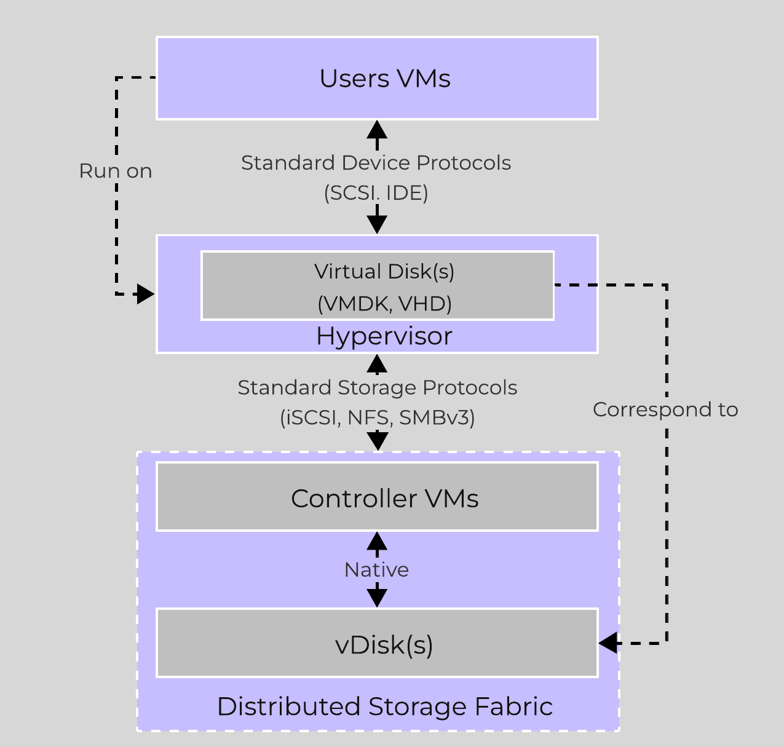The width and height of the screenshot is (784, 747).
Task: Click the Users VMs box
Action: pyautogui.click(x=377, y=78)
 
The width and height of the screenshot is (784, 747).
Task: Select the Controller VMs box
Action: pyautogui.click(x=377, y=497)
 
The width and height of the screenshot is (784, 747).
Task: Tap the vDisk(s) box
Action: pyautogui.click(x=377, y=644)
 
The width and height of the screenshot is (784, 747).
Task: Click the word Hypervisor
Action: pyautogui.click(x=384, y=336)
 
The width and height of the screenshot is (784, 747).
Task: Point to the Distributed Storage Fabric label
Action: pyautogui.click(x=384, y=706)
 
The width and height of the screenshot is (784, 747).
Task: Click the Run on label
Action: pyautogui.click(x=116, y=171)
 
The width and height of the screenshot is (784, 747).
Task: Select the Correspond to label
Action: pyautogui.click(x=665, y=409)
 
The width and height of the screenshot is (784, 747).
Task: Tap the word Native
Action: pyautogui.click(x=376, y=570)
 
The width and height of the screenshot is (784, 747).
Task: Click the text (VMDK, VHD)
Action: pyautogui.click(x=384, y=304)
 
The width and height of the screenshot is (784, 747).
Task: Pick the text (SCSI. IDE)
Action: pyautogui.click(x=376, y=193)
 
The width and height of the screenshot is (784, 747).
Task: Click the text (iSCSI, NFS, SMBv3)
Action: pyautogui.click(x=377, y=418)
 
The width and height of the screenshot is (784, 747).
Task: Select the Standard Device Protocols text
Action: pyautogui.click(x=376, y=163)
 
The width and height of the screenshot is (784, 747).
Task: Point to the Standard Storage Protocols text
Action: pyautogui.click(x=377, y=388)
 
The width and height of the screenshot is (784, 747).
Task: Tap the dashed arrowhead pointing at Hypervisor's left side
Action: pyautogui.click(x=145, y=294)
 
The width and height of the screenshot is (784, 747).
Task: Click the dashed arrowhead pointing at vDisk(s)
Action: pyautogui.click(x=608, y=643)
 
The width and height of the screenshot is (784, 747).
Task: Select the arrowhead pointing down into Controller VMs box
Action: pyautogui.click(x=377, y=441)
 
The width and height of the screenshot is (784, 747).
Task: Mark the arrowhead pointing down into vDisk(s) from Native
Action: pyautogui.click(x=377, y=598)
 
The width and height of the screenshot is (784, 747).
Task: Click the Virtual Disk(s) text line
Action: pyautogui.click(x=384, y=271)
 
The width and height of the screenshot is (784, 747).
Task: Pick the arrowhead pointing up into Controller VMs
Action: pyautogui.click(x=377, y=541)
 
